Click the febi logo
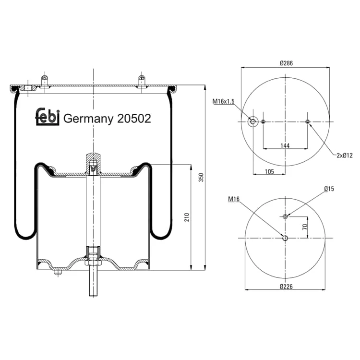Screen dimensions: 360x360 tap(48, 117)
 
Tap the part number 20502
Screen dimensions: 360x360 tap(134, 119)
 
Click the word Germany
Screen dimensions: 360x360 tap(88, 119)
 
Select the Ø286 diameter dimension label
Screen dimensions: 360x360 tap(286, 63)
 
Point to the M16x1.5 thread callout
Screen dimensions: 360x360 tap(223, 101)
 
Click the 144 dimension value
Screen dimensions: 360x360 tap(285, 145)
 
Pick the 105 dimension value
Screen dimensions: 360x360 tap(269, 171)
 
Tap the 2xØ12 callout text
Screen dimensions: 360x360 tap(345, 156)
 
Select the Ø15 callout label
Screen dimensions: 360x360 tap(329, 189)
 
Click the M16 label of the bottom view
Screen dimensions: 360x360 tap(234, 199)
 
